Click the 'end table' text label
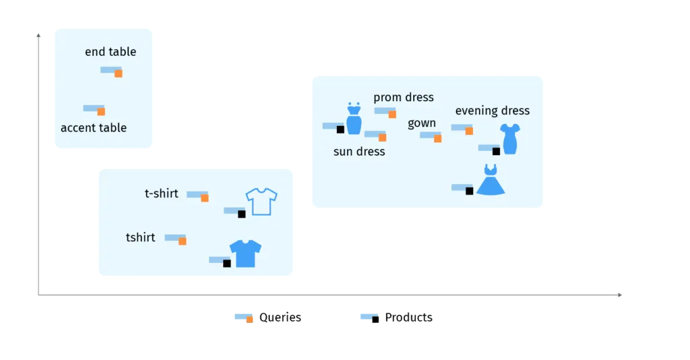point(111,52)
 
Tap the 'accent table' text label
point(94,128)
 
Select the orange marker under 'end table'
point(118,73)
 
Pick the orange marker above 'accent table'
point(101,111)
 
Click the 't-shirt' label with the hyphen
point(162,194)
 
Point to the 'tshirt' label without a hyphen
point(140,237)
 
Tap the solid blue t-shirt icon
point(245,253)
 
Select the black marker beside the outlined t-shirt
point(241,214)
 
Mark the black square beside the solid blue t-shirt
point(226,263)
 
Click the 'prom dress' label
point(404,98)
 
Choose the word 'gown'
point(422,123)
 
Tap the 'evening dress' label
point(493,111)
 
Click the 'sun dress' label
point(359,152)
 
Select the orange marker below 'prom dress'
point(392,114)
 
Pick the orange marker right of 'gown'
point(437,138)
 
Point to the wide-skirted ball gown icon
point(491,180)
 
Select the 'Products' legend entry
point(408,318)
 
